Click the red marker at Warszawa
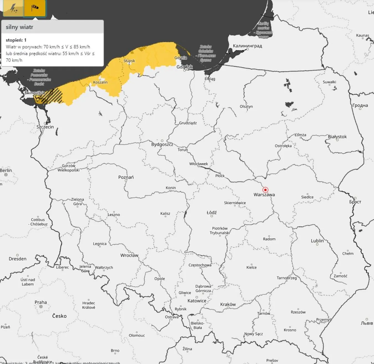tap(265, 190)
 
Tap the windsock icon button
tap(35, 8)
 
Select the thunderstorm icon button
tap(13, 8)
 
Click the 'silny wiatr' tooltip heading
tap(19, 27)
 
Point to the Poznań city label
tap(126, 177)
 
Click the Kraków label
tap(228, 304)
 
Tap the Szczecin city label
tap(45, 127)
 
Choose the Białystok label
tap(337, 136)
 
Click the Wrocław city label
tap(129, 255)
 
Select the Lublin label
tap(317, 241)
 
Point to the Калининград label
tap(247, 46)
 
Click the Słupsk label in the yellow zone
tap(129, 61)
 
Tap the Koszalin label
tap(100, 82)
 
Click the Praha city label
tap(41, 302)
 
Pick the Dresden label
tap(17, 259)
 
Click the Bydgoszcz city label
tap(162, 144)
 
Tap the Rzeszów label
tap(298, 312)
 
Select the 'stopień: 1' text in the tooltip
tap(16, 40)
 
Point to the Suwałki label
tap(329, 82)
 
